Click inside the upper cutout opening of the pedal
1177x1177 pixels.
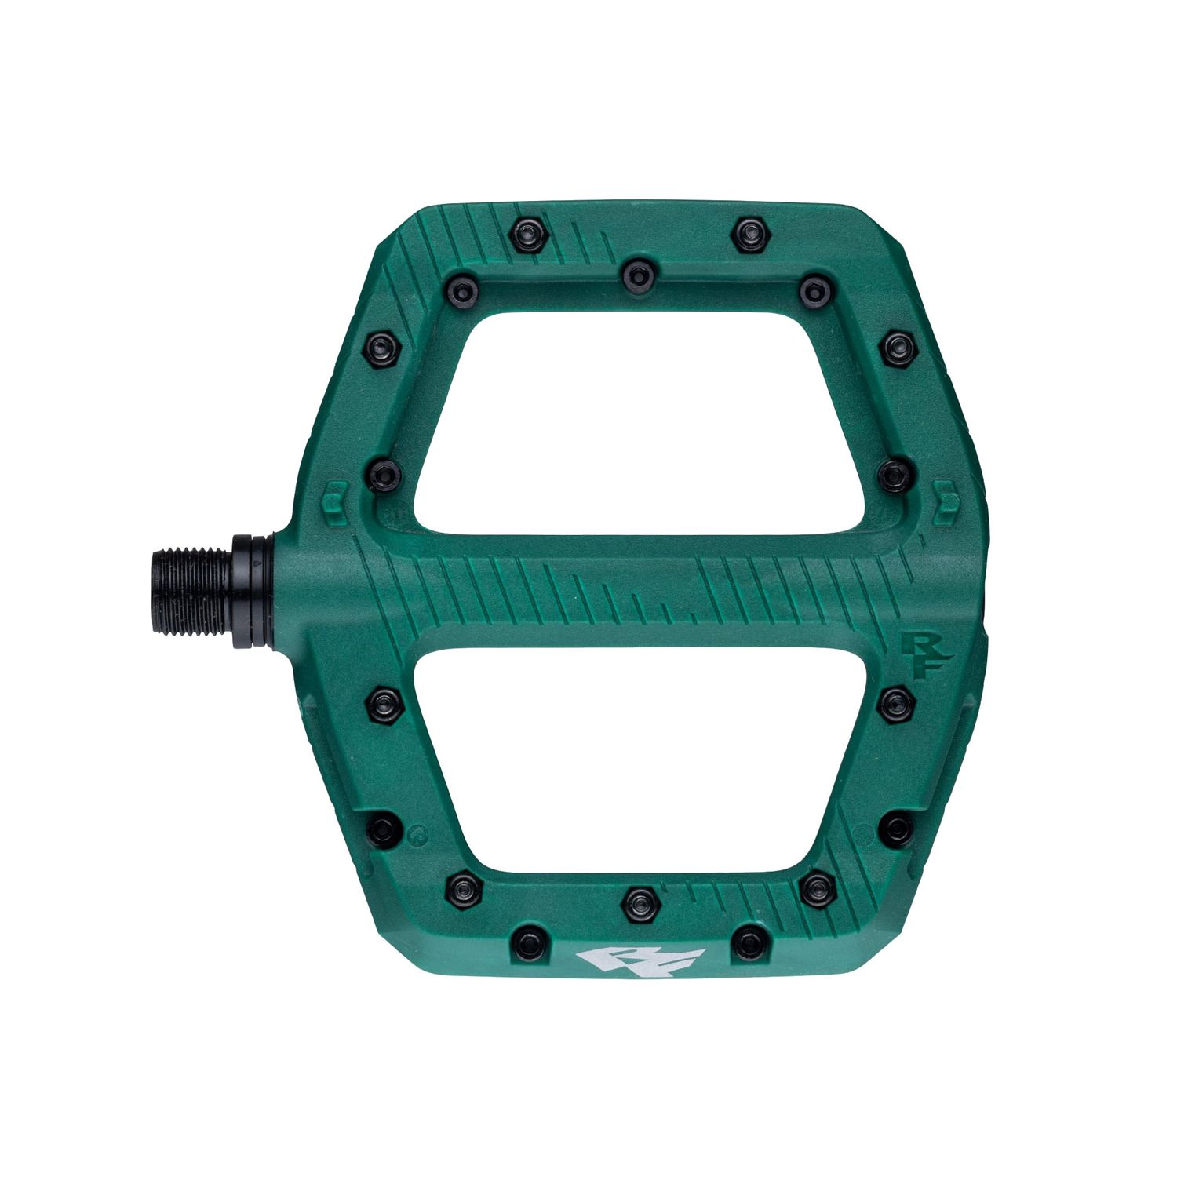[640, 424]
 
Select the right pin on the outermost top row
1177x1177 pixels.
[750, 233]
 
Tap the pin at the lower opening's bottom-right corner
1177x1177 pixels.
[817, 889]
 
